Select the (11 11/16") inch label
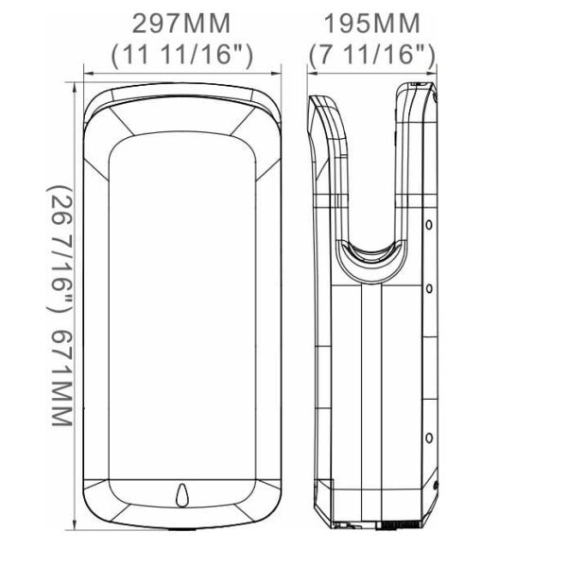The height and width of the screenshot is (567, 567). (181, 55)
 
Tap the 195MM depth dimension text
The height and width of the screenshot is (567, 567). (370, 22)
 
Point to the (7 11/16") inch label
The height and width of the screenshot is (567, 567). (370, 55)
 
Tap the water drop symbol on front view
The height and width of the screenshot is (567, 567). (182, 494)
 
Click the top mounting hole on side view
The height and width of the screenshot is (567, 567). (429, 225)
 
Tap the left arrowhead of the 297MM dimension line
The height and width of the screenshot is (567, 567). (87, 71)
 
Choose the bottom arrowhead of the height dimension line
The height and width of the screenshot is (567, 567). (75, 524)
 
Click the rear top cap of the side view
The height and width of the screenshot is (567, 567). (421, 90)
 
